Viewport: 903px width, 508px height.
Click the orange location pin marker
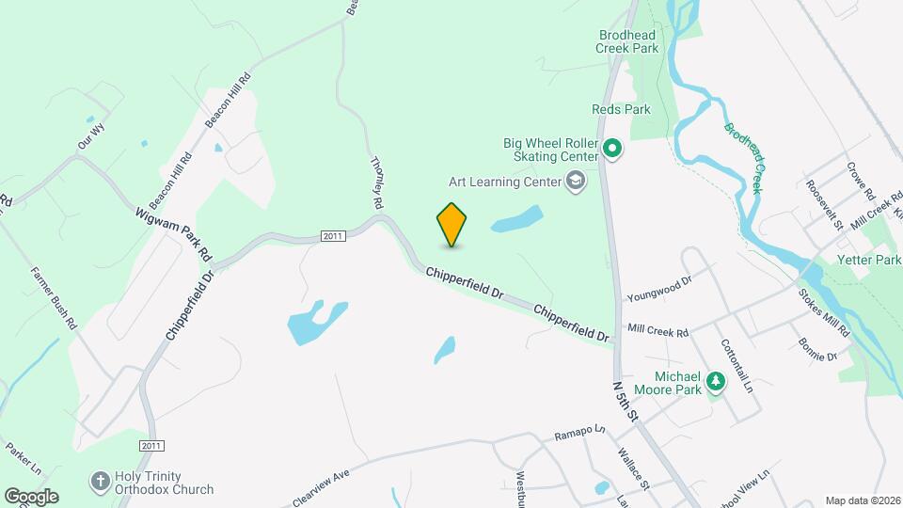point(452,224)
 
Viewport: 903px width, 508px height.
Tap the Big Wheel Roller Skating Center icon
point(612,149)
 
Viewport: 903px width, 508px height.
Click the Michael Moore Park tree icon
point(716,381)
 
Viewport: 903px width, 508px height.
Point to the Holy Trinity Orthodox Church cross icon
point(100,482)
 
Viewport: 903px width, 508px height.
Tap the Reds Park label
point(621,110)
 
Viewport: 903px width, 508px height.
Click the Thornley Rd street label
point(377,183)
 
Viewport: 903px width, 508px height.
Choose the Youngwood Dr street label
point(659,280)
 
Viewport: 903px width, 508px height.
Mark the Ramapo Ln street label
point(579,434)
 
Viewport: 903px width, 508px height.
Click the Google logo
point(31,496)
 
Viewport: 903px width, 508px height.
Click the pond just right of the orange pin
point(516,220)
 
